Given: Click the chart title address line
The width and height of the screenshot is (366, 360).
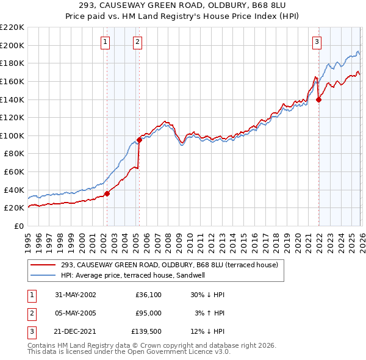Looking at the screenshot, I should [183, 5].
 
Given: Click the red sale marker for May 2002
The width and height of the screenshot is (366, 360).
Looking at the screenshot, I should [107, 193].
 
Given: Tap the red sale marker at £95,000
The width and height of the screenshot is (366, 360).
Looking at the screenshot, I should [139, 140].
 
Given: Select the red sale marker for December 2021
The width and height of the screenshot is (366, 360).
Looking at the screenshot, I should [318, 100].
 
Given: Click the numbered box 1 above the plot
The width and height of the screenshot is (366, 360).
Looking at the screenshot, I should [106, 42].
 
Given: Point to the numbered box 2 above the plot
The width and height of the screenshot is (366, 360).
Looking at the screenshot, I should [137, 42].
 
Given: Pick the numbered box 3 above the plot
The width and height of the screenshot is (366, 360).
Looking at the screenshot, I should [317, 42].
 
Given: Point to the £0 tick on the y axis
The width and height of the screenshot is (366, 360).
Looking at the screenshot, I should [20, 226].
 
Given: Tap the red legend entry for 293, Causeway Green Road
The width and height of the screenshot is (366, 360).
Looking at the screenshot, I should [169, 265].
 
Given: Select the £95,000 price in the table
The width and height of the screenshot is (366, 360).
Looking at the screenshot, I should [148, 314].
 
